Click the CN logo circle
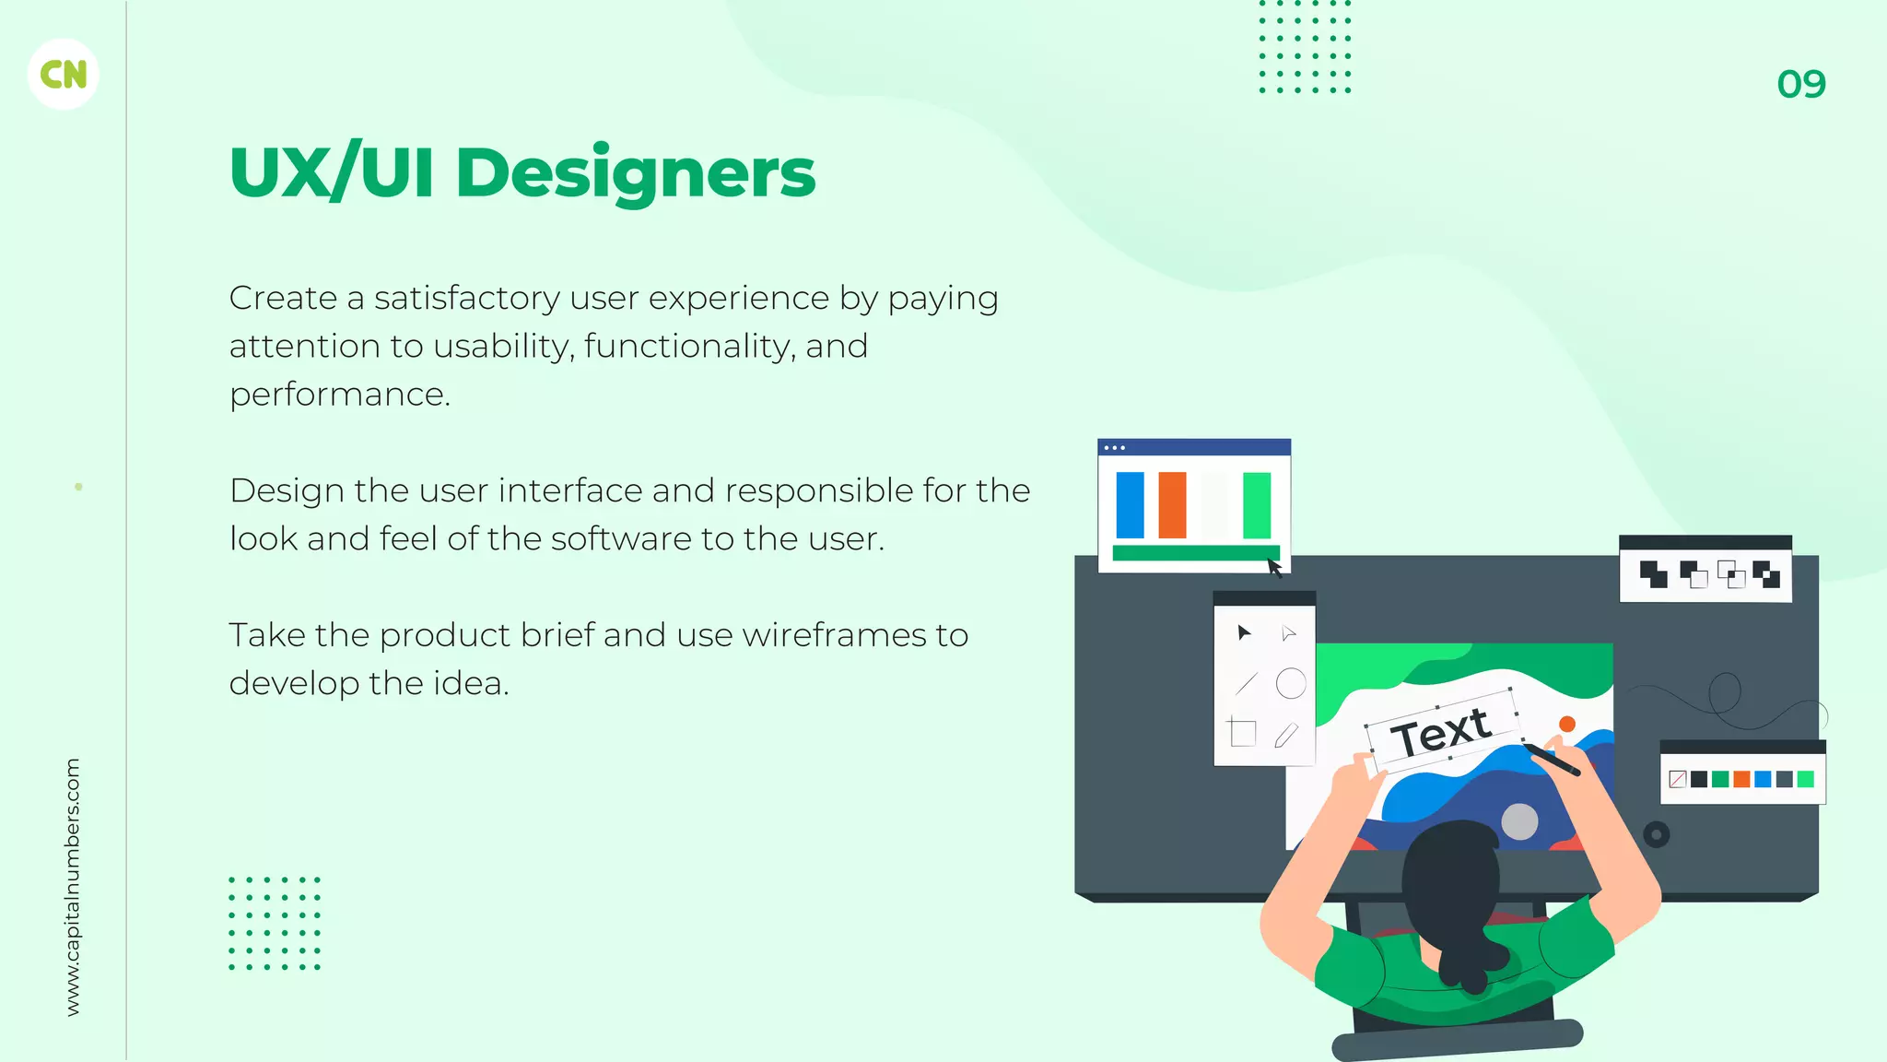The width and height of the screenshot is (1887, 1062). [64, 75]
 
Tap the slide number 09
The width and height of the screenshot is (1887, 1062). [1800, 85]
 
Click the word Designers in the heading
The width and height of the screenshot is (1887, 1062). [635, 173]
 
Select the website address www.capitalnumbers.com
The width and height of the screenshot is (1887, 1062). [73, 887]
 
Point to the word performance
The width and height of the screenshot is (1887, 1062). [338, 395]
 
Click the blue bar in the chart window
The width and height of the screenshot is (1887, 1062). [1130, 505]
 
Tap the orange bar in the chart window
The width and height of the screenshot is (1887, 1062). [1172, 505]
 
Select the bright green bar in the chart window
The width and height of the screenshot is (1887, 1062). [1256, 505]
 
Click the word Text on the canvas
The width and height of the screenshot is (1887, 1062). [1440, 733]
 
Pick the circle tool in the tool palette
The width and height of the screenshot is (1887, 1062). [1290, 684]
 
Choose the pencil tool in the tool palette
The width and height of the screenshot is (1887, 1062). [1286, 735]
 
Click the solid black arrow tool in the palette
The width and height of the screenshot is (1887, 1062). [1244, 632]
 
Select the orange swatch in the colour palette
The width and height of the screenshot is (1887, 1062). [1741, 779]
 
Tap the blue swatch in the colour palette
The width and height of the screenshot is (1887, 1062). [1763, 779]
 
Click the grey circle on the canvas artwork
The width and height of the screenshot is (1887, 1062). [1519, 820]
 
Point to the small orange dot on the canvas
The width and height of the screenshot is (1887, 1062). [1566, 724]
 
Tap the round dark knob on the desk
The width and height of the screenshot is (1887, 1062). [1656, 835]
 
